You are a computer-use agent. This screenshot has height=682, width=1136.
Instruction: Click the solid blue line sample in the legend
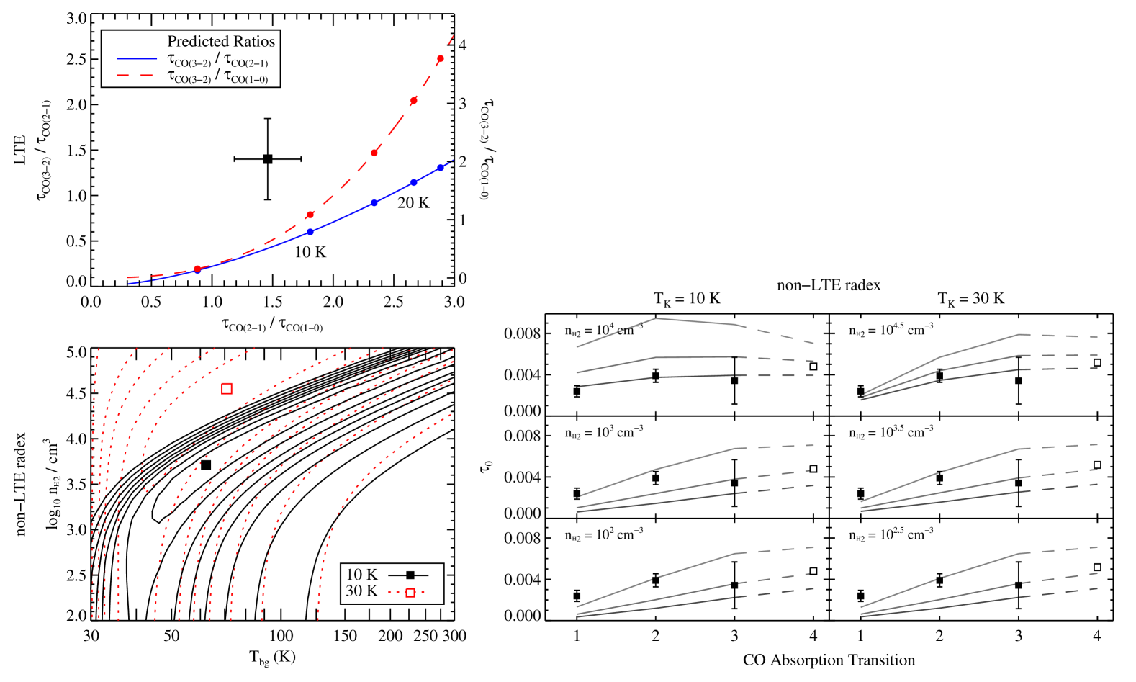point(137,58)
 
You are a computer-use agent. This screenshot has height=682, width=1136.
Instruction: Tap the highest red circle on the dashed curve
point(441,59)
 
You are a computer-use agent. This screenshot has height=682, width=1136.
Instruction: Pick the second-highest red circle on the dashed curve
point(413,101)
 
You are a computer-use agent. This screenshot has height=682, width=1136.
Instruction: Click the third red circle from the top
point(374,153)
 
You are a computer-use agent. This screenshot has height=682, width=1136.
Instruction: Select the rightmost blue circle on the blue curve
point(441,168)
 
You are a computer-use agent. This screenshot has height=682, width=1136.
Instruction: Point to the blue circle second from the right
point(413,183)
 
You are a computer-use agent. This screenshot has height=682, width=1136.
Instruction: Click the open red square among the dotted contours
point(227,388)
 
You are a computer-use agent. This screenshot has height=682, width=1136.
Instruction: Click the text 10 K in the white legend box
point(361,575)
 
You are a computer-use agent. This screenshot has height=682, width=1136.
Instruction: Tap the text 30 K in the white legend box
point(361,591)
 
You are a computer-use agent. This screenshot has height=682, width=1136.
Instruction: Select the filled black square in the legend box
point(410,575)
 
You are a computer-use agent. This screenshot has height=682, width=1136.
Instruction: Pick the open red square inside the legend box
point(410,593)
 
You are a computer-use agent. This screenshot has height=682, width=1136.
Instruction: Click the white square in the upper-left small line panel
point(813,367)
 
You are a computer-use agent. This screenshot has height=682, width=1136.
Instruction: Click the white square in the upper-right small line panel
point(1097,363)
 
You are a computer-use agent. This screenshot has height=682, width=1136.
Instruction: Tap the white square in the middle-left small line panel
point(813,469)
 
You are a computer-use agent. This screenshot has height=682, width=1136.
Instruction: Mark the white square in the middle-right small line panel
point(1097,465)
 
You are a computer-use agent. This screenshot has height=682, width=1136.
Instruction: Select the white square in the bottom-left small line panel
point(813,571)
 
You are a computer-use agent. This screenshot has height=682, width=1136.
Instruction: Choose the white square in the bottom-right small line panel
point(1097,567)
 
